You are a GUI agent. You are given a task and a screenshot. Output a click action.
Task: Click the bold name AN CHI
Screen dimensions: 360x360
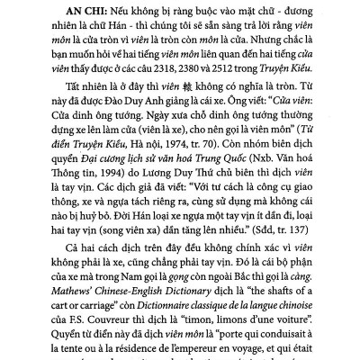pyautogui.click(x=59, y=11)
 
